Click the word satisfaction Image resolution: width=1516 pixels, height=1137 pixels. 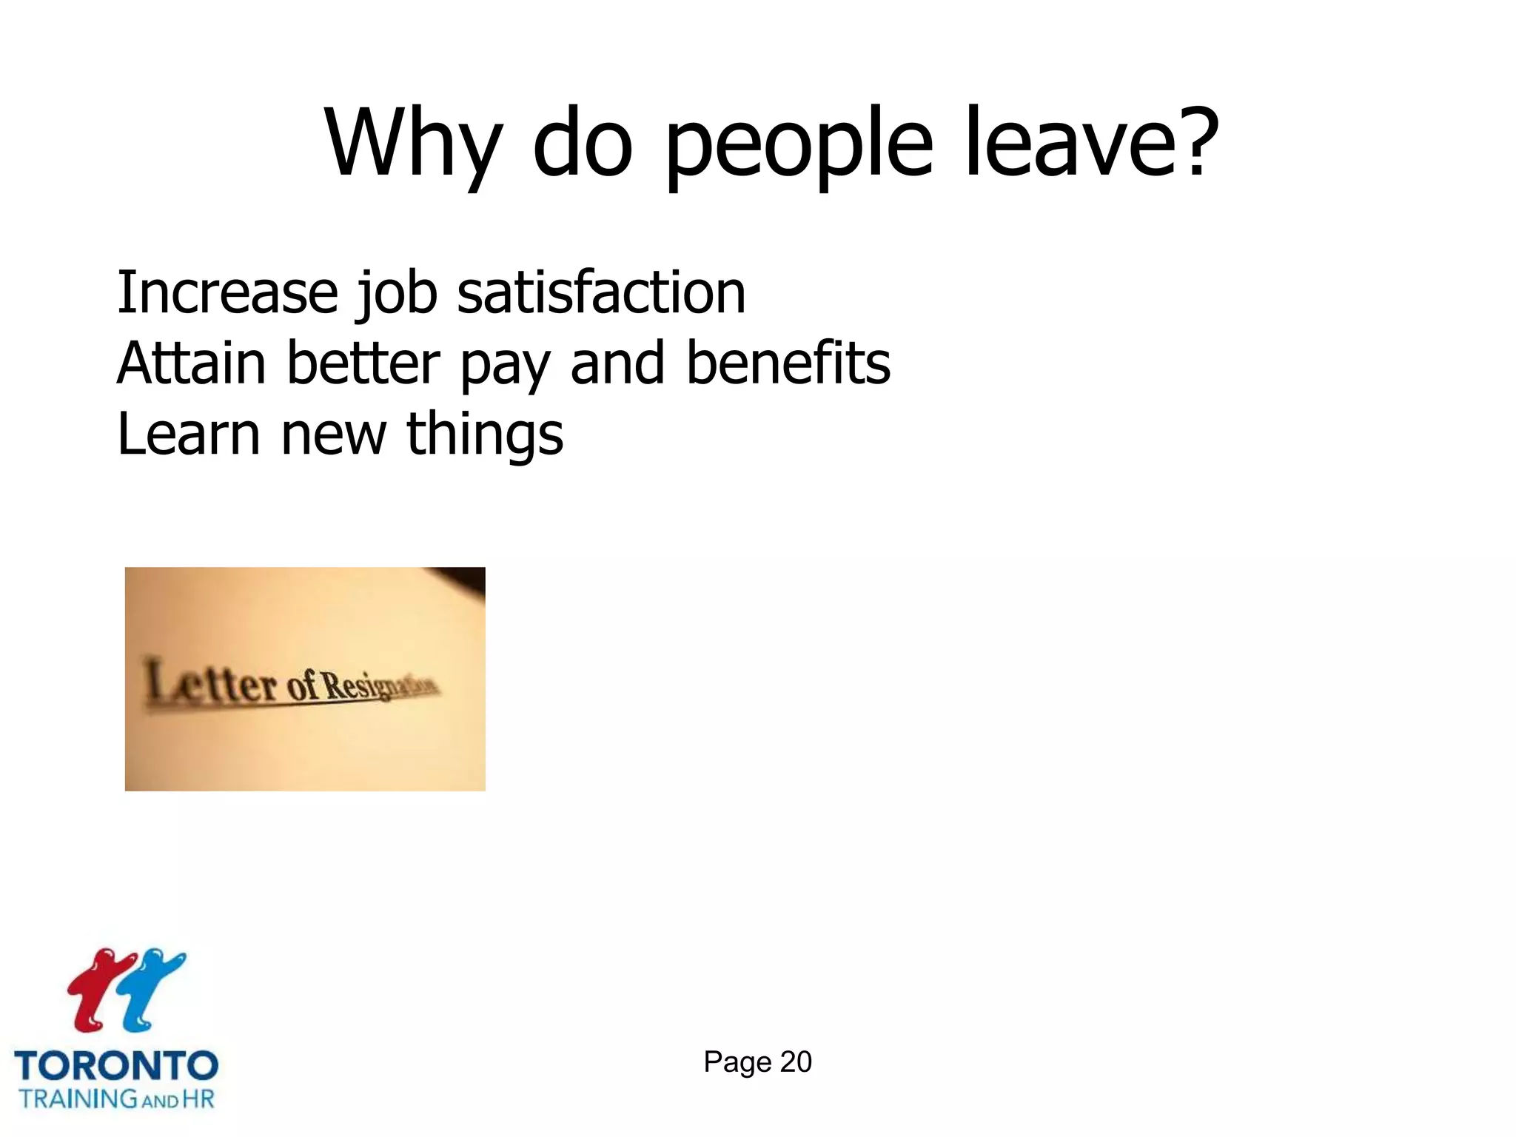pyautogui.click(x=601, y=292)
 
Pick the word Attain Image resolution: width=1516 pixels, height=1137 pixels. pyautogui.click(x=191, y=363)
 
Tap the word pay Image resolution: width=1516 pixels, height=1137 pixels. pyautogui.click(x=506, y=366)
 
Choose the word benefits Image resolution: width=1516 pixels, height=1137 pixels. pyautogui.click(x=788, y=363)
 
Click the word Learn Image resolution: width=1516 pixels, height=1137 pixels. pyautogui.click(x=189, y=434)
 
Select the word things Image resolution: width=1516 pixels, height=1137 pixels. pyautogui.click(x=485, y=435)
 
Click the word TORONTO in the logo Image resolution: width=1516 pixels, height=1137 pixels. pyautogui.click(x=116, y=1066)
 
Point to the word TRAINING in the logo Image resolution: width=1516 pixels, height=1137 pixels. pyautogui.click(x=78, y=1099)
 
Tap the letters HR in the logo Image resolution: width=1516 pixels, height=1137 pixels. pyautogui.click(x=198, y=1099)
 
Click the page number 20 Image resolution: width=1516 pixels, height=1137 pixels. pyautogui.click(x=796, y=1061)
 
